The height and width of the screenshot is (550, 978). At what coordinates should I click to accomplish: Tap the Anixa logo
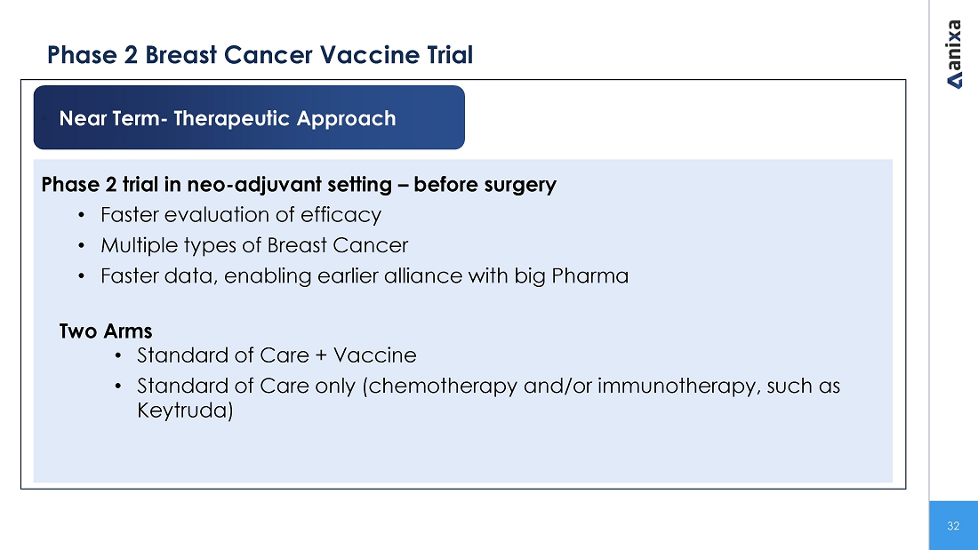tap(954, 54)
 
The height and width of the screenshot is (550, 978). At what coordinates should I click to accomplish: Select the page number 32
tap(953, 526)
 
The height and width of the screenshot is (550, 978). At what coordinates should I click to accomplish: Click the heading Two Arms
tap(106, 331)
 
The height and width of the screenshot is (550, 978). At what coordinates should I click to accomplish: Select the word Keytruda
tap(185, 411)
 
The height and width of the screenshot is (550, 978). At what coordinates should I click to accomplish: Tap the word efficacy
tap(341, 215)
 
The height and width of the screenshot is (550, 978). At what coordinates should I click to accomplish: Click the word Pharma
tap(590, 275)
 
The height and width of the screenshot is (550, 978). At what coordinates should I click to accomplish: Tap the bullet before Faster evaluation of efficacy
tap(81, 215)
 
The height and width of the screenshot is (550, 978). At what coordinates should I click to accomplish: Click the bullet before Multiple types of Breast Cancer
tap(81, 246)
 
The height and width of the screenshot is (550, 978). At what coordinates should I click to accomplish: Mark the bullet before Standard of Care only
tap(118, 386)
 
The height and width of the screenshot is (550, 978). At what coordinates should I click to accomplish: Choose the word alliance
tap(423, 275)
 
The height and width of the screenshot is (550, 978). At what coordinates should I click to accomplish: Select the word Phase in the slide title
tap(83, 55)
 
